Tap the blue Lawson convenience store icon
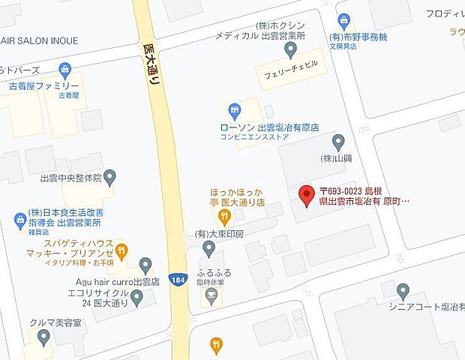pyautogui.click(x=235, y=112)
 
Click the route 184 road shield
pyautogui.click(x=177, y=278)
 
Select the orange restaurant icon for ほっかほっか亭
pyautogui.click(x=223, y=218)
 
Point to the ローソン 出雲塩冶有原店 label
pyautogui.click(x=264, y=128)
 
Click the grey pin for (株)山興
pyautogui.click(x=338, y=141)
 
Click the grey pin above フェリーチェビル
pyautogui.click(x=292, y=49)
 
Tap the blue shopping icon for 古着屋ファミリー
pyautogui.click(x=65, y=70)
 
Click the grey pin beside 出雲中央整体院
pyautogui.click(x=110, y=178)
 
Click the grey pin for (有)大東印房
pyautogui.click(x=209, y=248)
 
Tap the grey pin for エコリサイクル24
pyautogui.click(x=136, y=298)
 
